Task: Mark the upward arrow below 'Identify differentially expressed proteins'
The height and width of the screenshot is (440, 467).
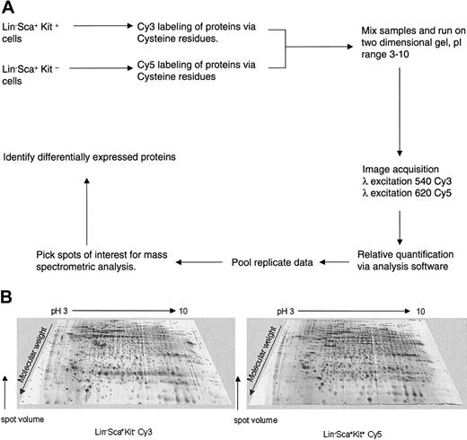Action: pos(85,207)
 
